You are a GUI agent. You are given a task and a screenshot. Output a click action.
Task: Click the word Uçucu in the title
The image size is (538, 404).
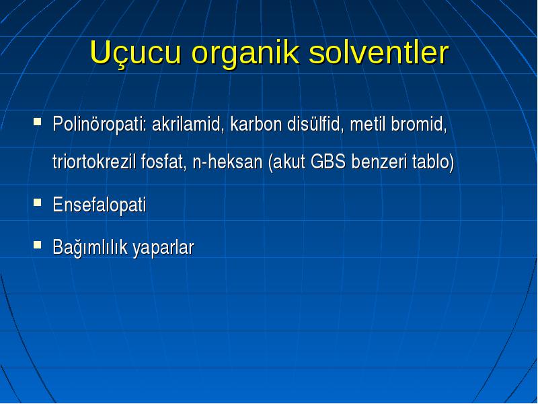point(135,54)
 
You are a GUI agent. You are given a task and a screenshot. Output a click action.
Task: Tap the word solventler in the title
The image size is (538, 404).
point(379,53)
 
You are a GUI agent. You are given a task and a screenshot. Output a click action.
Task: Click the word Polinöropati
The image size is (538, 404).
point(100,125)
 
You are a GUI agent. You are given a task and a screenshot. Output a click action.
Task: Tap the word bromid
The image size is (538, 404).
point(419,124)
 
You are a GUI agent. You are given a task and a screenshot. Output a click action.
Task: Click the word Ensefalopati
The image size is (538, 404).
point(100,205)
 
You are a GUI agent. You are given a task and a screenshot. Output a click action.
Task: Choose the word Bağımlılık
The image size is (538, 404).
point(90,247)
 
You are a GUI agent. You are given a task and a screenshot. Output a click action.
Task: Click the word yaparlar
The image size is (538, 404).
point(163,248)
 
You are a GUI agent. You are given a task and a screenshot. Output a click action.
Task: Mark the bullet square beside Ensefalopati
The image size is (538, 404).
point(38,203)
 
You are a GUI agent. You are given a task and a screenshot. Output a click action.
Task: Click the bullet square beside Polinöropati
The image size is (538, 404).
point(38,122)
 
